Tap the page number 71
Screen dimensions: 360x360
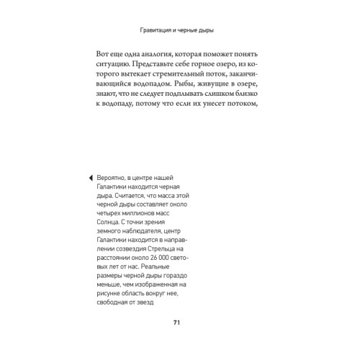177,323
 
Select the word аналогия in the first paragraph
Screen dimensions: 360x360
159,55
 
